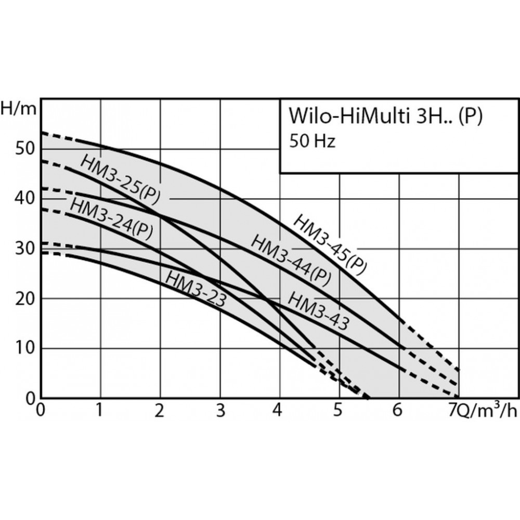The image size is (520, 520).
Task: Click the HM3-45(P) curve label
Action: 330,243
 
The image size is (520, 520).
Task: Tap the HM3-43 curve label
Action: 318,310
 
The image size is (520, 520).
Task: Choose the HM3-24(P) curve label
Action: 111,218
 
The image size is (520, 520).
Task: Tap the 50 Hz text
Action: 312,141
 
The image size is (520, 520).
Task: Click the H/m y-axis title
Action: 19,109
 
